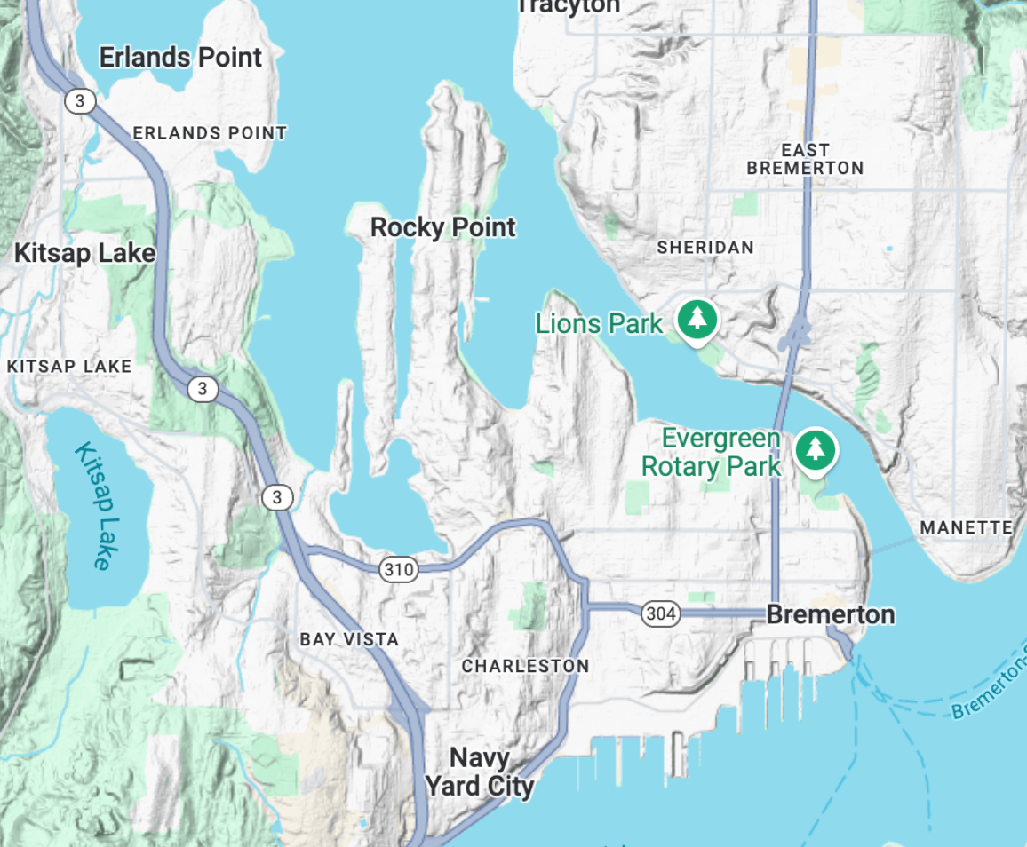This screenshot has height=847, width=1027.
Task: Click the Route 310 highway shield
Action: [399, 569]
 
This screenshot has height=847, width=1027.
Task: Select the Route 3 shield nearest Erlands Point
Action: [79, 101]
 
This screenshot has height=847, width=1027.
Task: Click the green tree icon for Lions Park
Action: [697, 319]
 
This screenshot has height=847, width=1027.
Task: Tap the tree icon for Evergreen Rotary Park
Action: [815, 450]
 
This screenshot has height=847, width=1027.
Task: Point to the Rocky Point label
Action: [442, 227]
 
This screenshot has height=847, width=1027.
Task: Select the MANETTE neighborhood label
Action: [966, 527]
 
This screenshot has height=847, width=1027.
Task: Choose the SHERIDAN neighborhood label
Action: [705, 248]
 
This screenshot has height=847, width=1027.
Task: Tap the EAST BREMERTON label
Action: [805, 159]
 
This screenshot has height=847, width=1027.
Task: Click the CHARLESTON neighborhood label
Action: [525, 666]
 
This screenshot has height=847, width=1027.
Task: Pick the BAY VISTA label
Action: [349, 639]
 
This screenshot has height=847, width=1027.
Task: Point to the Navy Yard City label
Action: [480, 772]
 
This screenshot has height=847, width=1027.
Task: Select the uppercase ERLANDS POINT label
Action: [210, 133]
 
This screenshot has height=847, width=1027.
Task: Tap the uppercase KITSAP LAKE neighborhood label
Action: [69, 366]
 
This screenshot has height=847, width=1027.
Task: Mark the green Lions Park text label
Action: [599, 323]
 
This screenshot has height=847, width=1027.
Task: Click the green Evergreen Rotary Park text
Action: [711, 452]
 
